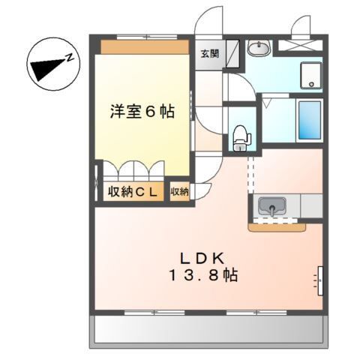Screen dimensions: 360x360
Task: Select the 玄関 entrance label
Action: (x=209, y=53)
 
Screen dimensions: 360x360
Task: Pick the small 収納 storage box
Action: (x=179, y=192)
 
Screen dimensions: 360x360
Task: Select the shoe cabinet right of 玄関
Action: (x=232, y=53)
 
